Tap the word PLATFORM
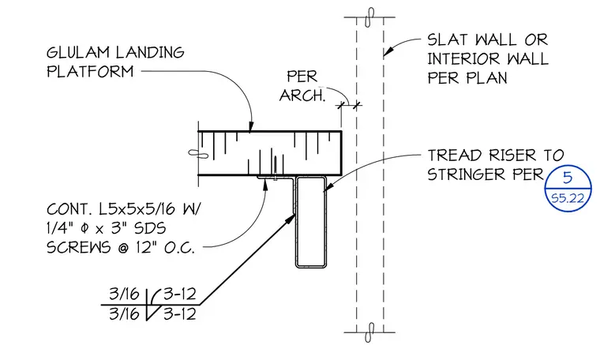(90, 72)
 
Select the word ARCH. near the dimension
(302, 96)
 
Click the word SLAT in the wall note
(448, 39)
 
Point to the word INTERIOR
(463, 59)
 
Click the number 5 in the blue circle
(568, 178)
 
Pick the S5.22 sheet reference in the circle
(568, 198)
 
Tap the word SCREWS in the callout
(78, 247)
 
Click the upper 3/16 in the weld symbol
(124, 294)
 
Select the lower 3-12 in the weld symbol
(180, 314)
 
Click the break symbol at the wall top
(369, 17)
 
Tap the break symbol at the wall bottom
(369, 332)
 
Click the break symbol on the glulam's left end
(198, 154)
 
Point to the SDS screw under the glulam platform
(275, 169)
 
